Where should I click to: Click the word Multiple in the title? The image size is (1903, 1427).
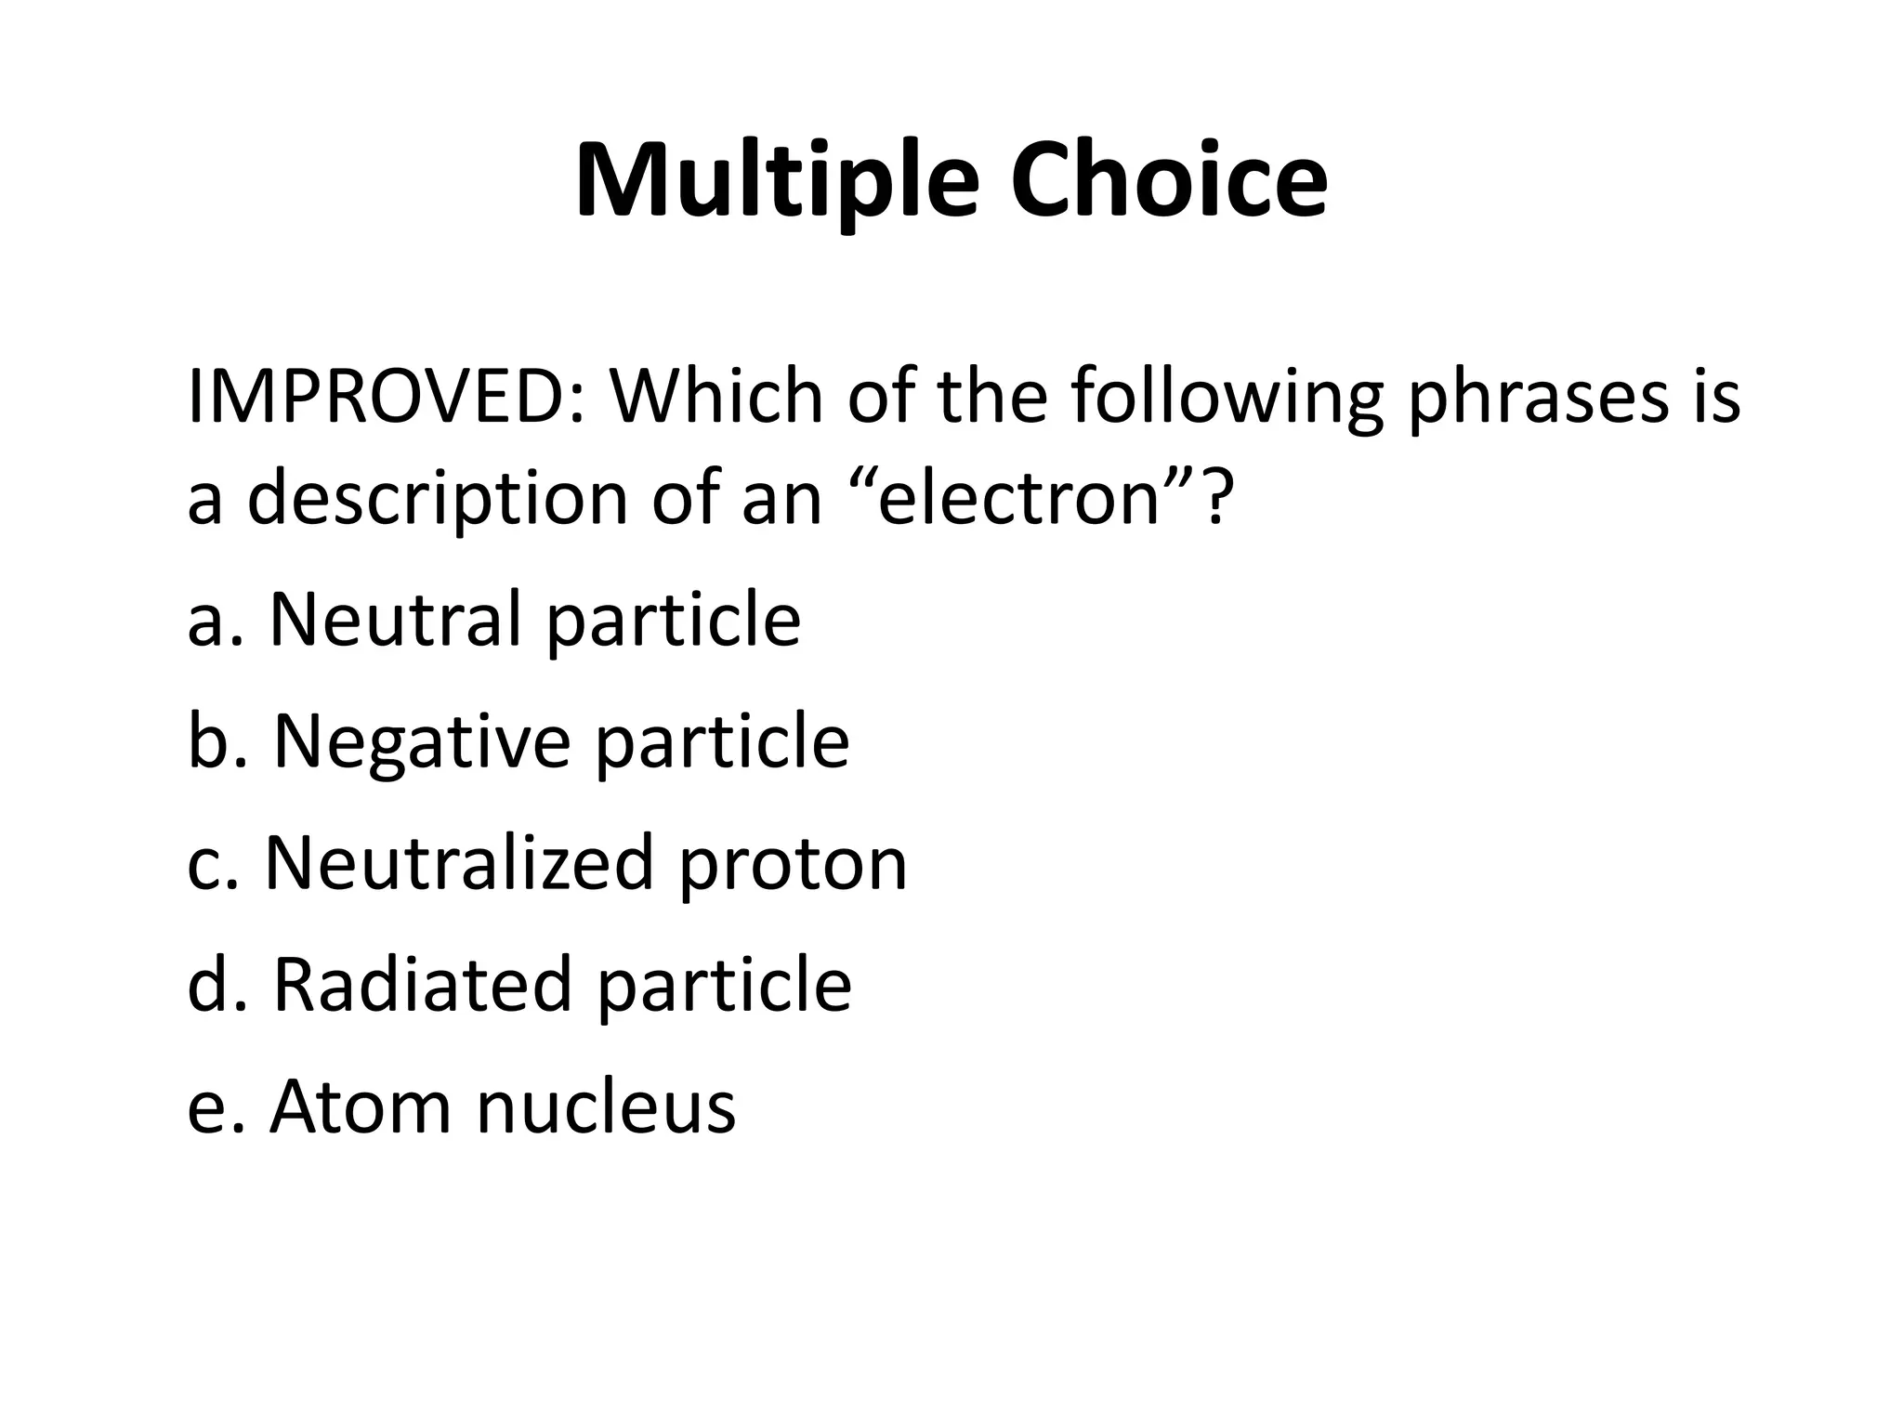click(x=777, y=181)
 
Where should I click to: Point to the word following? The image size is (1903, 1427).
click(x=1227, y=397)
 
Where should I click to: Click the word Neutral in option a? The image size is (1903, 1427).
click(x=396, y=620)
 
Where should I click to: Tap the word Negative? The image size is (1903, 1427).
click(x=422, y=743)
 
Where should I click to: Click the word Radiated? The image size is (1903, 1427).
click(x=422, y=985)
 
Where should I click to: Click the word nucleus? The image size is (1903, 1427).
click(x=606, y=1108)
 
